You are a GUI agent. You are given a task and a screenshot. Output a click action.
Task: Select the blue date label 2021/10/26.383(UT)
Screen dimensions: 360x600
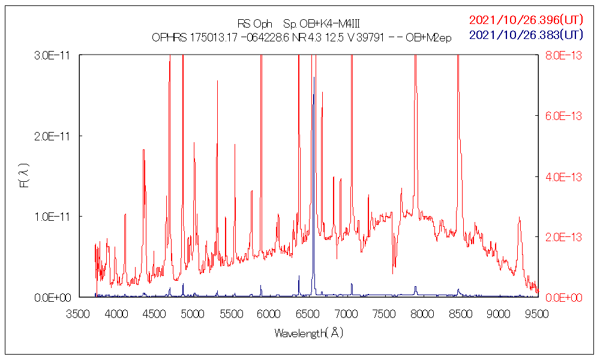526,35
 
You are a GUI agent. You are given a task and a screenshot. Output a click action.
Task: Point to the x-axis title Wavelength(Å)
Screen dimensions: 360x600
309,333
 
